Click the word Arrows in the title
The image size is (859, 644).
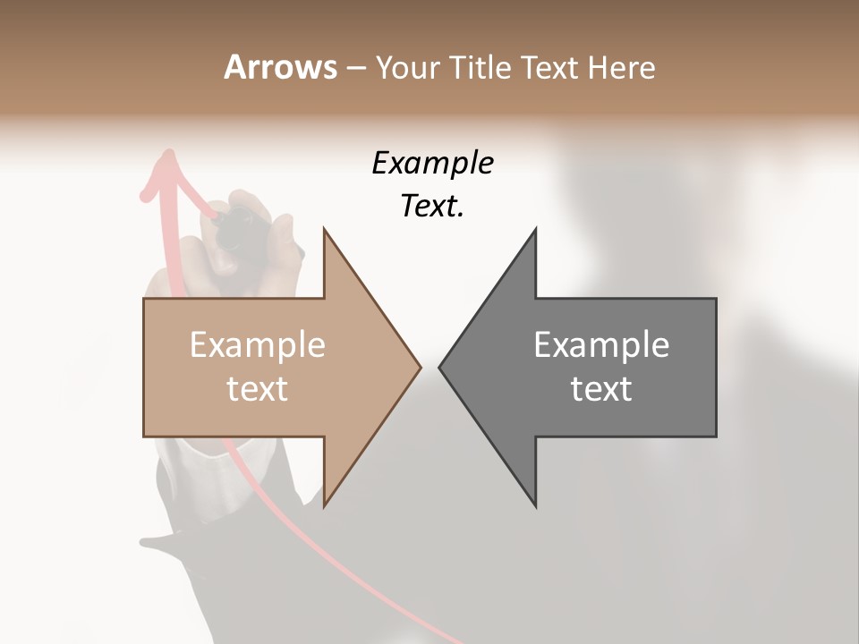(x=280, y=67)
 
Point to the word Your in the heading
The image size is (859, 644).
(x=407, y=67)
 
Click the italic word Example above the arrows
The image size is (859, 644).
(x=432, y=163)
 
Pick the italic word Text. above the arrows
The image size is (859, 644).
(x=432, y=207)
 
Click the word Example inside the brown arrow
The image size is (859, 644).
(x=258, y=344)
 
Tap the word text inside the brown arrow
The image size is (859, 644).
(x=258, y=388)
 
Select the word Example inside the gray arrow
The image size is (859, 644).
(x=601, y=344)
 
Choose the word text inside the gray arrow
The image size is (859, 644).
(x=601, y=388)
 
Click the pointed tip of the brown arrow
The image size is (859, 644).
(x=420, y=367)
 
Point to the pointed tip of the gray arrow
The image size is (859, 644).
(x=440, y=367)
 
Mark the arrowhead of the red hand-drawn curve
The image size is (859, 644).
(x=166, y=161)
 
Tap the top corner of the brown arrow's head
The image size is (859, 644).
(x=324, y=229)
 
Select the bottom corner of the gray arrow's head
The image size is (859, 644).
(x=536, y=506)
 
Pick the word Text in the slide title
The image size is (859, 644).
(x=554, y=67)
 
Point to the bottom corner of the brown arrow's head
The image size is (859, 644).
(x=324, y=506)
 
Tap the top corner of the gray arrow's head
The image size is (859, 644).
(x=536, y=229)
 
